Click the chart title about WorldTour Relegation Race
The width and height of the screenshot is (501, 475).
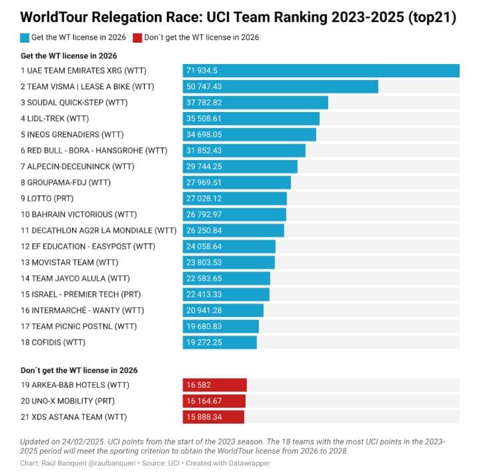click(x=238, y=18)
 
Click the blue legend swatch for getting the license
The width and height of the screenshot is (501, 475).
click(x=25, y=38)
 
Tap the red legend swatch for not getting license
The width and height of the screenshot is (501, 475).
click(x=138, y=38)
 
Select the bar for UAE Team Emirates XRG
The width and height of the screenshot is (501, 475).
click(x=321, y=71)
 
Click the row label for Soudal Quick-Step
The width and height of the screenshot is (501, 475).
click(x=74, y=103)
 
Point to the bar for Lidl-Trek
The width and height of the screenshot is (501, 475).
click(x=251, y=119)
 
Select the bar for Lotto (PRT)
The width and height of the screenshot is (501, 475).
click(x=235, y=199)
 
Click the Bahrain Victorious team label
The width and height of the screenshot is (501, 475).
click(x=79, y=215)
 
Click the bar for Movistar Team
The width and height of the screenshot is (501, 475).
click(x=228, y=263)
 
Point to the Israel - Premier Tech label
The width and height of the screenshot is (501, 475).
click(x=81, y=294)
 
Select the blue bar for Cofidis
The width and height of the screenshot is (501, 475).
click(x=219, y=342)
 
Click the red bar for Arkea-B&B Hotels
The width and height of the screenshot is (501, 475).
click(x=215, y=385)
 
